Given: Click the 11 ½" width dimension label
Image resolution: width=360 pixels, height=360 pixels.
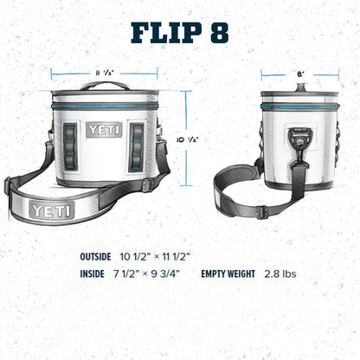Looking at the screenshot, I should pos(104,73).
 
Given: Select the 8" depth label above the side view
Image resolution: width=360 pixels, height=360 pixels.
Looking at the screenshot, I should pos(299,74).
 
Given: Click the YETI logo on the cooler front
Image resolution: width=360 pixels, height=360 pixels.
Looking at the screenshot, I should pos(104,130).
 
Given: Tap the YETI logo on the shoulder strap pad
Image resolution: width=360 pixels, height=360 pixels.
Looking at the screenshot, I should pos(52,209).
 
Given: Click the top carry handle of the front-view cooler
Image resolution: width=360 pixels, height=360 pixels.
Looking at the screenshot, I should pos(104,85).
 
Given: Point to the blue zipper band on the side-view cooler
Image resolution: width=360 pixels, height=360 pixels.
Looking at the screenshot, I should pos(299,106).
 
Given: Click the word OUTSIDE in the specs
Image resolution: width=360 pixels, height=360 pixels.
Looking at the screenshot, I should pos(97,256).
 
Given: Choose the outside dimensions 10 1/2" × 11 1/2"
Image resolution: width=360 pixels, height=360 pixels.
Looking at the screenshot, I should pos(156,256).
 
